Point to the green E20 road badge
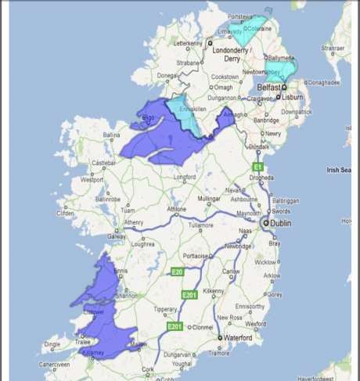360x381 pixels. (x=178, y=272)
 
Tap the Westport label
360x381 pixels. (x=92, y=179)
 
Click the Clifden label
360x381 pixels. (x=65, y=213)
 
